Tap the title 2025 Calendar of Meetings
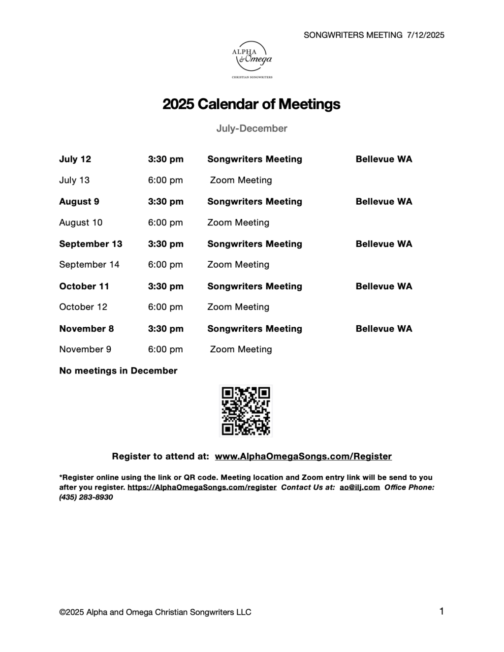point(252,104)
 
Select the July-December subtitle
point(252,128)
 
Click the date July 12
point(75,159)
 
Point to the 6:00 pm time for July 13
point(165,180)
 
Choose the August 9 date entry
point(79,201)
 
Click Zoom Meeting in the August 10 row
point(238,222)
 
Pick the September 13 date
point(91,244)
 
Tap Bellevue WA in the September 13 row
point(384,244)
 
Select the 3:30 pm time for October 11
point(165,286)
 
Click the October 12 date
point(83,307)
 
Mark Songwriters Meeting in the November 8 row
point(254,328)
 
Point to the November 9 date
point(85,349)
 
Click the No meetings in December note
point(118,371)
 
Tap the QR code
point(246,411)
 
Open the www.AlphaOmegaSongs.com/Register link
point(303,456)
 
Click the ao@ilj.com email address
point(360,487)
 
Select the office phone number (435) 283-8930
point(86,497)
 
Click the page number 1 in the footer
point(441,611)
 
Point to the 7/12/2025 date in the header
point(426,35)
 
